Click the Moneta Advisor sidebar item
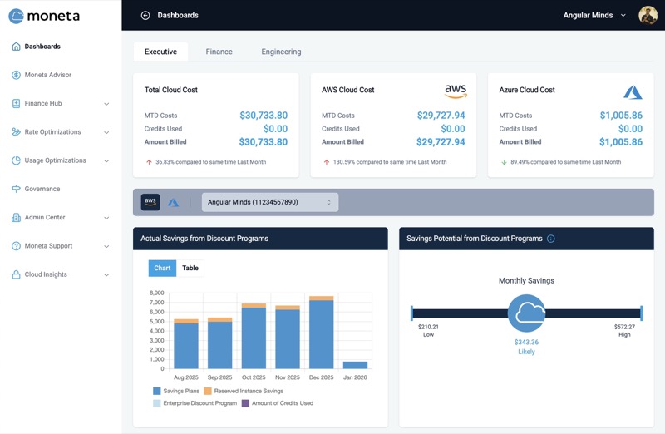47,75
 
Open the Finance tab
219,52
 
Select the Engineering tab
281,52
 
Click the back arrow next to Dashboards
145,15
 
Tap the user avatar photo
648,15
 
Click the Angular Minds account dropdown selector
270,202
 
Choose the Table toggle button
190,268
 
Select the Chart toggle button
162,268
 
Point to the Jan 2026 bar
355,365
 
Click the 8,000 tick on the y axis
157,293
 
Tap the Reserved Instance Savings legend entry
244,391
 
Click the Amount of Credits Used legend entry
278,403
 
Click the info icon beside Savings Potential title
551,239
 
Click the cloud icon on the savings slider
526,313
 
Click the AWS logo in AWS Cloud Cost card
456,91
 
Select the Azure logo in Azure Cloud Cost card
633,91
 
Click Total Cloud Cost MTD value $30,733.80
264,116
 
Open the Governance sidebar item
42,189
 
